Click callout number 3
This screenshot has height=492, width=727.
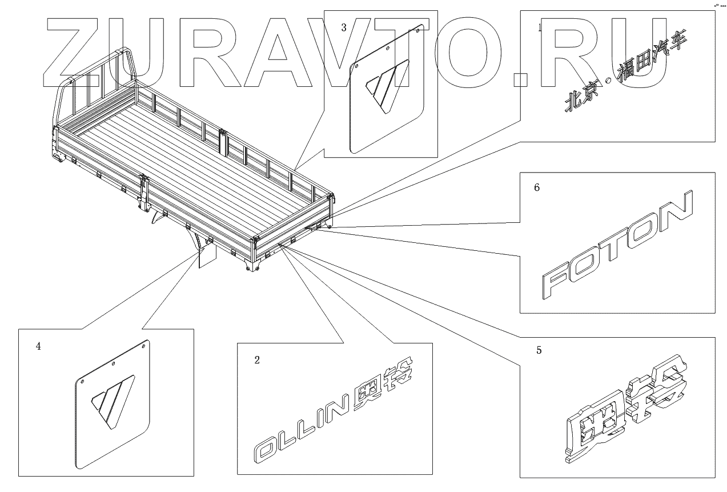tap(343, 27)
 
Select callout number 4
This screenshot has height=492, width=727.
tap(38, 346)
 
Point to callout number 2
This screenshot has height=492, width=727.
tap(257, 359)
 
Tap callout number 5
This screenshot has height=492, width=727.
tap(539, 350)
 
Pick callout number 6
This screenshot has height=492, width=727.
tap(536, 187)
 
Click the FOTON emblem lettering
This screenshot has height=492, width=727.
tap(617, 246)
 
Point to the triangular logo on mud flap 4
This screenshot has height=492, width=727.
tap(113, 400)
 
